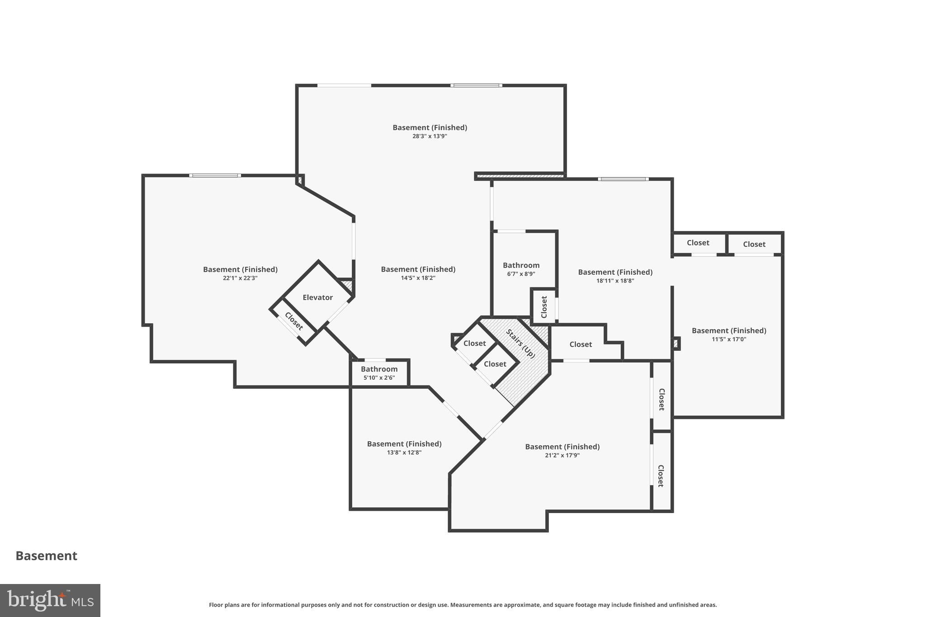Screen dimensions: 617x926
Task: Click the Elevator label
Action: click(x=317, y=297)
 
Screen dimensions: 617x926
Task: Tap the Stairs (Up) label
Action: click(x=520, y=344)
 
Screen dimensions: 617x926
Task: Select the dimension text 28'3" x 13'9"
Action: click(x=430, y=136)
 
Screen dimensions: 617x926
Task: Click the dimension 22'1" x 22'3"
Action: click(x=240, y=278)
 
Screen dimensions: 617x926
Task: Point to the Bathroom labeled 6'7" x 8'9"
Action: click(x=521, y=265)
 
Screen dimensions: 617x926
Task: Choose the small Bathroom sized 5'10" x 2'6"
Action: click(x=379, y=369)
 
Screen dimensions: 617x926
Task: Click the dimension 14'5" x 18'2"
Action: click(x=418, y=278)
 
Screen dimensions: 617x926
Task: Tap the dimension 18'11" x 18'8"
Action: click(x=615, y=281)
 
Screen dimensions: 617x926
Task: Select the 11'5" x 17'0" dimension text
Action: click(x=729, y=339)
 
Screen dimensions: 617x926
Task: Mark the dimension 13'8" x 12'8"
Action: click(x=404, y=452)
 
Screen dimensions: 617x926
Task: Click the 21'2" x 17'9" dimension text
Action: click(x=562, y=455)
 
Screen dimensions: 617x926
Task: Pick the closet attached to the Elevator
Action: click(x=293, y=321)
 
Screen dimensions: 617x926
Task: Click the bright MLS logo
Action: click(x=50, y=600)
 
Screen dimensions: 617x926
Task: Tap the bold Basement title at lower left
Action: click(x=47, y=556)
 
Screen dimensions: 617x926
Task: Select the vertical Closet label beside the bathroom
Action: click(x=544, y=307)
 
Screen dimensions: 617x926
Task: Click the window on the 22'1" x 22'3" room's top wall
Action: click(x=215, y=175)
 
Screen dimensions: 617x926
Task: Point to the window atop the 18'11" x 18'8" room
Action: click(x=623, y=179)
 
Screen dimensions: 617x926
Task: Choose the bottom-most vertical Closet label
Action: click(x=661, y=476)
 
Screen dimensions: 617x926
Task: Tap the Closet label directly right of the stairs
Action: click(x=581, y=344)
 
